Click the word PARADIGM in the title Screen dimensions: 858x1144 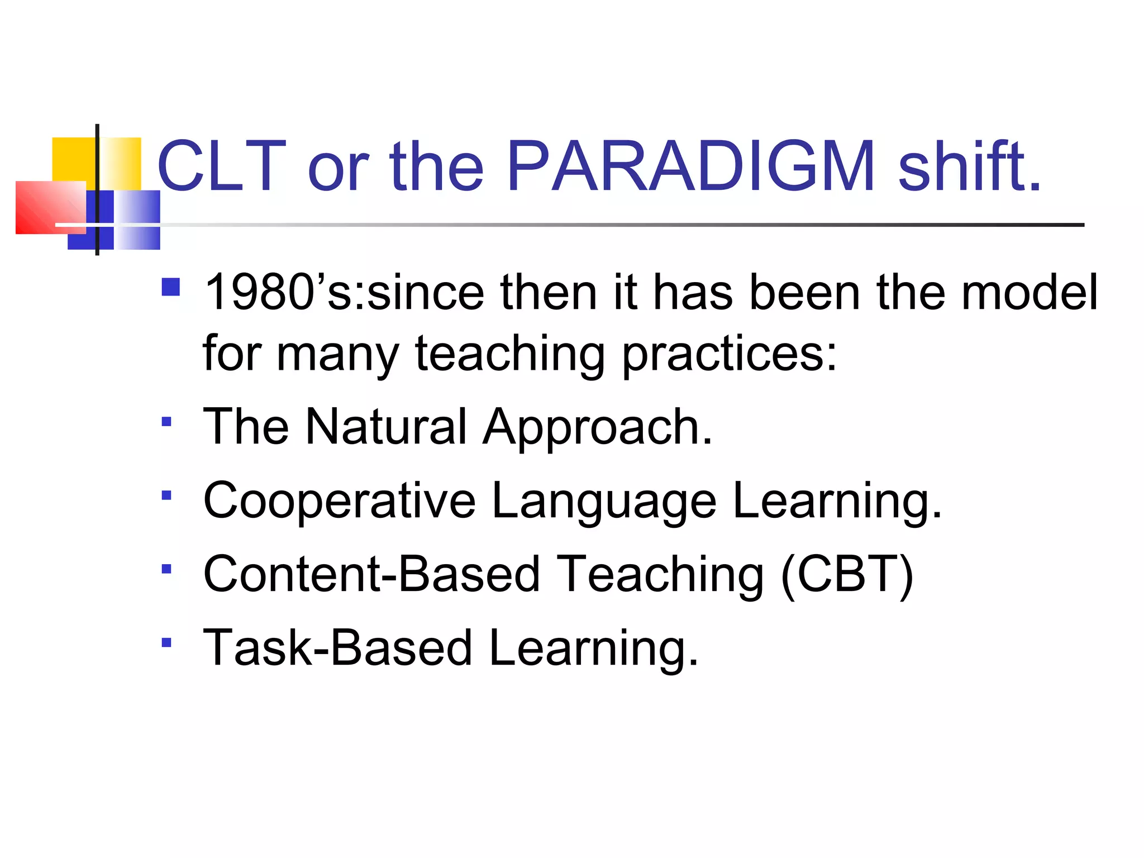tap(690, 166)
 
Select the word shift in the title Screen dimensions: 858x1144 tap(969, 166)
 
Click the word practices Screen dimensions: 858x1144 tap(729, 354)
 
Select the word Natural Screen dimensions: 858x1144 tap(385, 427)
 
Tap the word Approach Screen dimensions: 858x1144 tap(598, 428)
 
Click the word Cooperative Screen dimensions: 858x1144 tap(339, 502)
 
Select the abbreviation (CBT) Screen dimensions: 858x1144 tap(846, 575)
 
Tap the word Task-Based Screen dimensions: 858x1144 tap(337, 648)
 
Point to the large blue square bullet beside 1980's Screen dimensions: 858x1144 tap(171, 287)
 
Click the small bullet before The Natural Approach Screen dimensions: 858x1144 tap(166, 422)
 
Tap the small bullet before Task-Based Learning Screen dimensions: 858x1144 tap(166, 643)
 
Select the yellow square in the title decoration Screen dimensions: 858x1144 tap(73, 159)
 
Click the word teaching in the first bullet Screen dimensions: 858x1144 tap(509, 354)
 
